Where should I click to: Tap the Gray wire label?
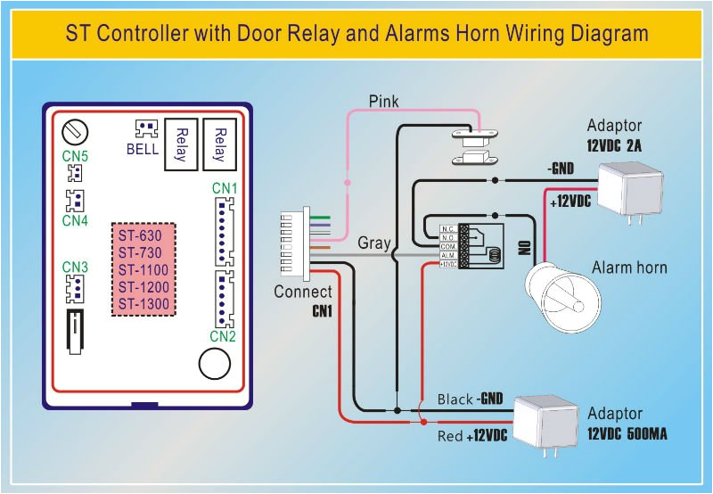click(374, 243)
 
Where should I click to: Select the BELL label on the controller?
click(143, 149)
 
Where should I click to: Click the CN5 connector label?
click(75, 156)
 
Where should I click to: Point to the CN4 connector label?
click(75, 219)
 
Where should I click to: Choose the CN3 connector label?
click(75, 267)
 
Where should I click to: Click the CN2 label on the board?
click(223, 336)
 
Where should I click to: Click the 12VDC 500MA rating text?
click(627, 434)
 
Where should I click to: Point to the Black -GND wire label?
click(471, 399)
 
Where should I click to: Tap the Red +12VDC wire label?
click(472, 436)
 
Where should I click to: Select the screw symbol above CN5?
click(76, 132)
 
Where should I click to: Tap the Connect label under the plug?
click(303, 292)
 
